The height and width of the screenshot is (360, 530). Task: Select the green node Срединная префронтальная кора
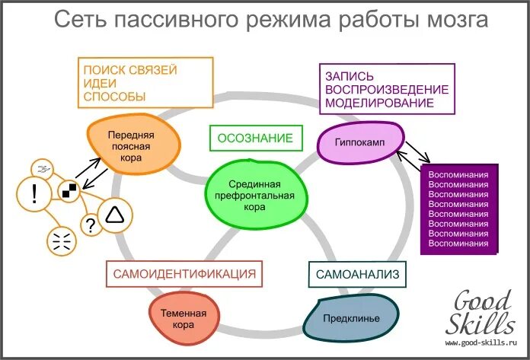[255, 195]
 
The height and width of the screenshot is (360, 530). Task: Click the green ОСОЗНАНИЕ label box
[255, 139]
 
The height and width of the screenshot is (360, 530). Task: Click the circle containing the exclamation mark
[34, 195]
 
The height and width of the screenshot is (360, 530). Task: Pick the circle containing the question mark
[91, 225]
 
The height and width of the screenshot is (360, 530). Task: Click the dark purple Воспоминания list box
[458, 209]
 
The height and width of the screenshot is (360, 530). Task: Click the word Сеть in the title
[82, 21]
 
